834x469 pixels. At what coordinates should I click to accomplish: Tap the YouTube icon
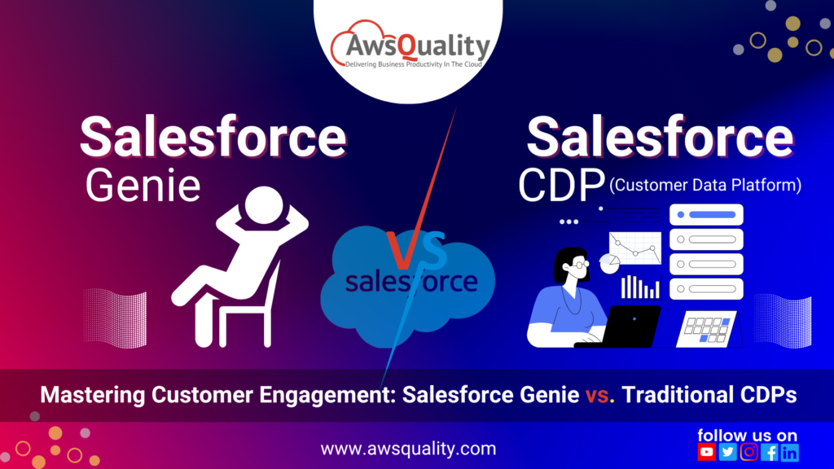click(x=707, y=452)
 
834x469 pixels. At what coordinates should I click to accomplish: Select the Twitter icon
click(x=728, y=452)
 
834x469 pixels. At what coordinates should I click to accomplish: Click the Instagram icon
click(x=748, y=452)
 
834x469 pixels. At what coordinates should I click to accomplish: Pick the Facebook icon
click(x=769, y=452)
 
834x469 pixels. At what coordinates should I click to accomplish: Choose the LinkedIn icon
click(x=789, y=452)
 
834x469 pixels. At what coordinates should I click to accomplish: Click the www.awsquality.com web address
click(x=407, y=449)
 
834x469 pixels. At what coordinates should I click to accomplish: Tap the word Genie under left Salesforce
click(x=143, y=185)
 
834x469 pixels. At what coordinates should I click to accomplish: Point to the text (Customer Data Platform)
click(x=705, y=186)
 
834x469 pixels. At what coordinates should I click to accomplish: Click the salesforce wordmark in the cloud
click(x=411, y=282)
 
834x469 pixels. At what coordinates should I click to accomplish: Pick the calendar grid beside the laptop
click(x=705, y=329)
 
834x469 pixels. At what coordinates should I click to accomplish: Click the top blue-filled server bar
click(x=706, y=216)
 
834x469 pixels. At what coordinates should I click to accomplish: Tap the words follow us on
click(x=747, y=435)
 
